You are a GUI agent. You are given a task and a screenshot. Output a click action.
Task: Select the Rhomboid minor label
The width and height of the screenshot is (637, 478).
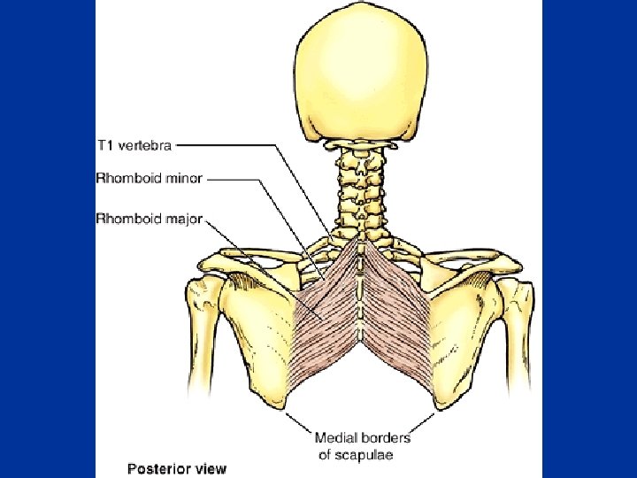(x=149, y=179)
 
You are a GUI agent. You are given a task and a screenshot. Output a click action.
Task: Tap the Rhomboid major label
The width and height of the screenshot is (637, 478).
(x=149, y=218)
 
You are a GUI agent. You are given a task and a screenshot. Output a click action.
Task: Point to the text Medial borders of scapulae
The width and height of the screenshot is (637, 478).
(x=363, y=445)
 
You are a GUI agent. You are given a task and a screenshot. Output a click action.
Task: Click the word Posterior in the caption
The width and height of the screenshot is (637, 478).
(x=155, y=468)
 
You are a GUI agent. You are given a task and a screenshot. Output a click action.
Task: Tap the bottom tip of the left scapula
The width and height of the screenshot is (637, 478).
(x=286, y=409)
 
